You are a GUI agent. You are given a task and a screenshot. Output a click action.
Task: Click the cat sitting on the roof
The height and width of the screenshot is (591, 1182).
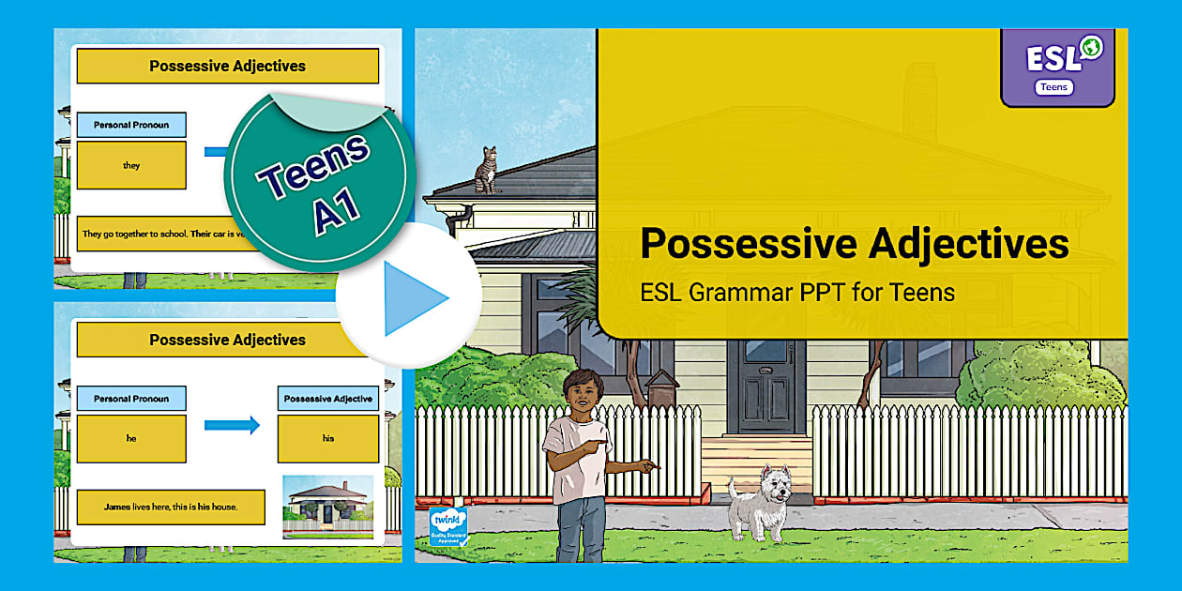486,171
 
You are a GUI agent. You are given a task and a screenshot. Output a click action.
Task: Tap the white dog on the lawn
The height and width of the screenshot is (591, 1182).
761,501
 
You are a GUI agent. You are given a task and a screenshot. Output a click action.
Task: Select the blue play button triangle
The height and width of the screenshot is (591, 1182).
414,297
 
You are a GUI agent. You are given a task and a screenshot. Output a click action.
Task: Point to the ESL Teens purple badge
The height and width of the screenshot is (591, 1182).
1057,67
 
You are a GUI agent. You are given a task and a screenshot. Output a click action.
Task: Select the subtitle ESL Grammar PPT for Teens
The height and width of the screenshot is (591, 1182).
797,293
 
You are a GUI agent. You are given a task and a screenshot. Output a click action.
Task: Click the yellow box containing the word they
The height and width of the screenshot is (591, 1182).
131,165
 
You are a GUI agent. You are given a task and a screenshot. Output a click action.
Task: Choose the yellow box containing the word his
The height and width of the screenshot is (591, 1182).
327,438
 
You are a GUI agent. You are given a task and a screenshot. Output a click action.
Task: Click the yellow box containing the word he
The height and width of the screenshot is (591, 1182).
131,438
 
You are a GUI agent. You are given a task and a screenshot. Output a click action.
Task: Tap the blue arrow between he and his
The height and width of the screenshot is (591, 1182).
232,425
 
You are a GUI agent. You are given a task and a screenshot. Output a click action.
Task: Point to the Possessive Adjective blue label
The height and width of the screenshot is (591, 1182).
327,399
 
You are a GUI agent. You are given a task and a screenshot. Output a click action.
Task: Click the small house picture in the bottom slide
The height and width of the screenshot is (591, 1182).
327,504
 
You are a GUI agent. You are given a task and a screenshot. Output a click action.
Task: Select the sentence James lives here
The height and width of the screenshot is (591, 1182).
171,508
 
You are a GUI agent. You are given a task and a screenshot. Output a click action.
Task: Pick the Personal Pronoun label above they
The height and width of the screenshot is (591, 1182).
131,125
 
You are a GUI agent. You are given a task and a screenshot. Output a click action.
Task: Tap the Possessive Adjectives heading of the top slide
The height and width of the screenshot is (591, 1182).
227,66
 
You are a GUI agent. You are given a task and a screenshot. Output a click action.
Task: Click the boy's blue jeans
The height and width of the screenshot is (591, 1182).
582,530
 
